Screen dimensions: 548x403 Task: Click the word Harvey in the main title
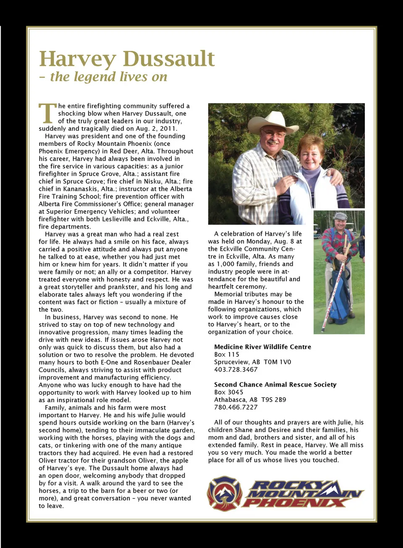77,59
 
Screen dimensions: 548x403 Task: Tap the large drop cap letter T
47,113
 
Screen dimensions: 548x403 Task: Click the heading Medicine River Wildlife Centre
262,347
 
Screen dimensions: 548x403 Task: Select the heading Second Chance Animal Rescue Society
275,385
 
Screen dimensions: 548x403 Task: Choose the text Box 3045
228,392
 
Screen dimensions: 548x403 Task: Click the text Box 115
226,355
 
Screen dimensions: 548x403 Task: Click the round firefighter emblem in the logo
225,493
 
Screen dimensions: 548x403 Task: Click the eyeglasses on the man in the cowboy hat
273,134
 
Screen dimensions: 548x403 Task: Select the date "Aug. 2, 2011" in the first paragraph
156,129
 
